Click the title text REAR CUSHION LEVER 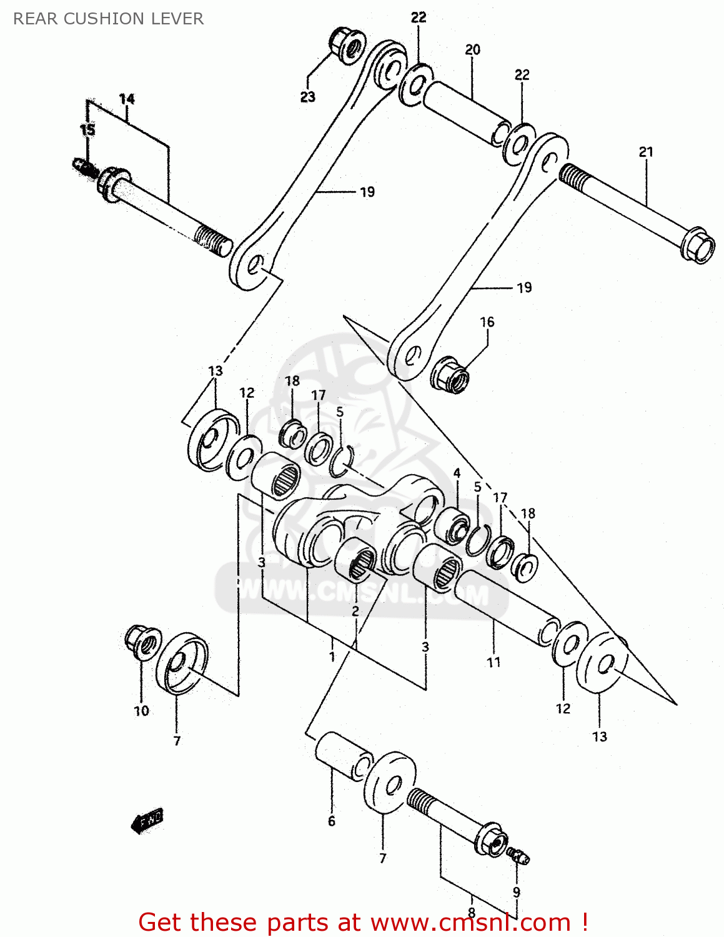pyautogui.click(x=108, y=19)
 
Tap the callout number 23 pyautogui.click(x=307, y=97)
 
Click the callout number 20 pyautogui.click(x=472, y=49)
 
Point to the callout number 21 pyautogui.click(x=645, y=151)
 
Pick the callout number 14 pyautogui.click(x=127, y=99)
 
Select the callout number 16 pyautogui.click(x=487, y=322)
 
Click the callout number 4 pyautogui.click(x=457, y=473)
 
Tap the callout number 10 pyautogui.click(x=141, y=711)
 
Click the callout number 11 pyautogui.click(x=493, y=662)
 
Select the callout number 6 pyautogui.click(x=331, y=821)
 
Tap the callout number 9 pyautogui.click(x=516, y=892)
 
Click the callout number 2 pyautogui.click(x=355, y=611)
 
